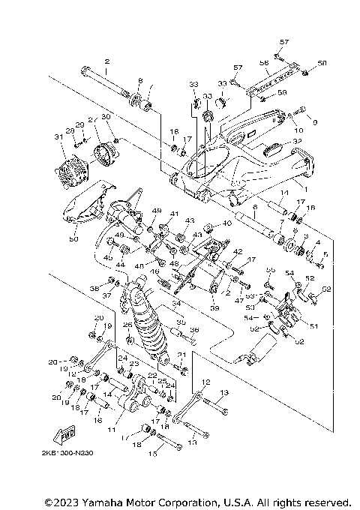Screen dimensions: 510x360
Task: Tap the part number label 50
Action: tap(73, 239)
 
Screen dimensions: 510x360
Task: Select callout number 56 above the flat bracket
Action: tap(264, 63)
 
